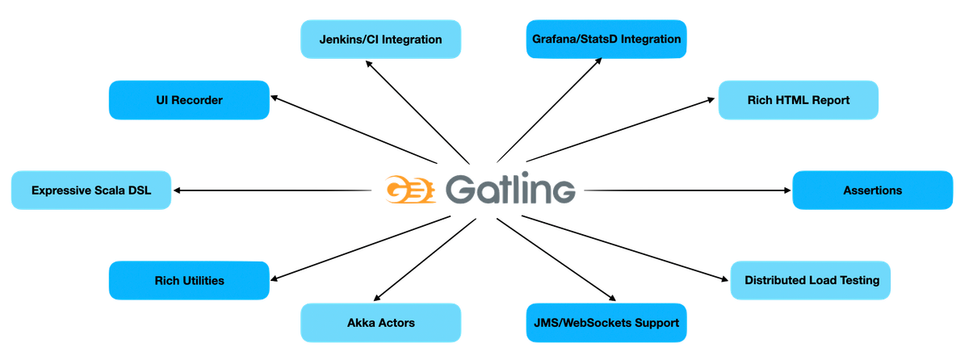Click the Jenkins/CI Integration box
click(x=381, y=39)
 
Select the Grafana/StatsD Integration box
click(x=606, y=39)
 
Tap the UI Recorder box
click(x=189, y=100)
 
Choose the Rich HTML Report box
click(x=798, y=100)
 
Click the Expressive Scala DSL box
click(x=90, y=190)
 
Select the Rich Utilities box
click(x=189, y=280)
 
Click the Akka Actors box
click(x=381, y=323)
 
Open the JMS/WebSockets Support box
click(x=606, y=323)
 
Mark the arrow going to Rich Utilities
click(x=355, y=249)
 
